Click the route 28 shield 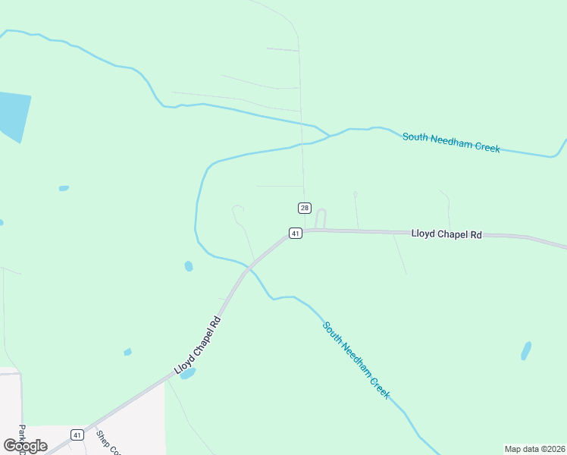(305, 208)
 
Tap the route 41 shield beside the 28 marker (296, 233)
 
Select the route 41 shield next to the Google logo (77, 435)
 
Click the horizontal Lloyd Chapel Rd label (446, 234)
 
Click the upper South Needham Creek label (451, 143)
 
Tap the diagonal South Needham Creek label (356, 360)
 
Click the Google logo (25, 446)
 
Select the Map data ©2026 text (534, 449)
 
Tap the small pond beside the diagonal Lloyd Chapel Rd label (187, 373)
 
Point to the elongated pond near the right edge (526, 350)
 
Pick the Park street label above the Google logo (22, 438)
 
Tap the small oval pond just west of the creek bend (188, 266)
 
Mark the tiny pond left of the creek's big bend (64, 188)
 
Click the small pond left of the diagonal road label (127, 352)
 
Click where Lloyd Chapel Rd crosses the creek (249, 267)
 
